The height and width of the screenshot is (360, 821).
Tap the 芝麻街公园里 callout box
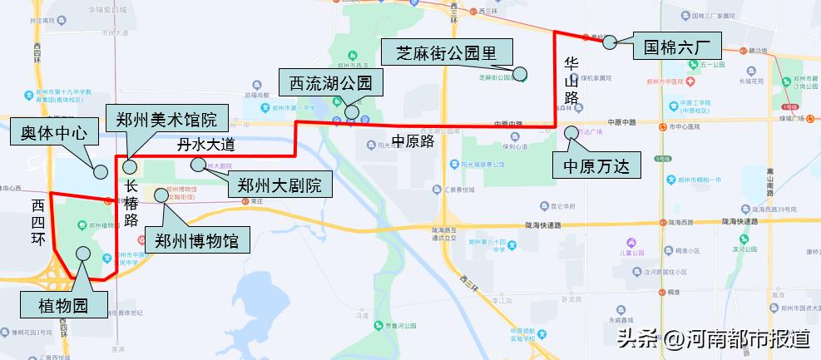pyautogui.click(x=447, y=53)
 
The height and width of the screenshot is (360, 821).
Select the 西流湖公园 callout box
pyautogui.click(x=329, y=83)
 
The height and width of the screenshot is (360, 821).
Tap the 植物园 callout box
pyautogui.click(x=63, y=306)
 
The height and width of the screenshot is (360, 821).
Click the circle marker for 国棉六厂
pyautogui.click(x=610, y=41)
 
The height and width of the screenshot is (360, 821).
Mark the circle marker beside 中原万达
pyautogui.click(x=571, y=132)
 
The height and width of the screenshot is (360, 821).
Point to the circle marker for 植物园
pyautogui.click(x=83, y=254)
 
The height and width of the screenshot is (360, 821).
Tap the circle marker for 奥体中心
pyautogui.click(x=101, y=172)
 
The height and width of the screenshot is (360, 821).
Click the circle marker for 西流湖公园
pyautogui.click(x=352, y=111)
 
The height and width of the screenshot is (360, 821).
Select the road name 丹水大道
pyautogui.click(x=207, y=144)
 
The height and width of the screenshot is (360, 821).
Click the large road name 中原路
pyautogui.click(x=413, y=141)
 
